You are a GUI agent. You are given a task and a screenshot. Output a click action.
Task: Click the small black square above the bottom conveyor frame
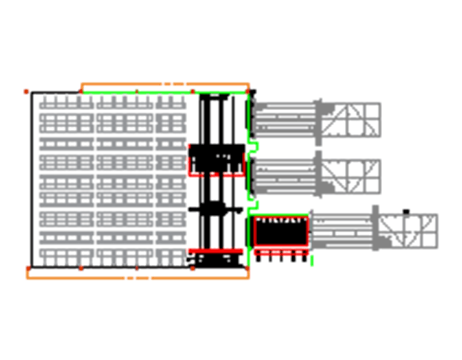(406, 211)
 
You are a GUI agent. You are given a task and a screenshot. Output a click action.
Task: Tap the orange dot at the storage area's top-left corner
(27, 91)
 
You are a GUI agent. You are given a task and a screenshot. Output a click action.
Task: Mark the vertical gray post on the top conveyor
(319, 119)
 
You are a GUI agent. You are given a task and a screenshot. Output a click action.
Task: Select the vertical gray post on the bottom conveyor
(376, 229)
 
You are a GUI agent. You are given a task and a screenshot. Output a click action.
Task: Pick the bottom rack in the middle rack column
(124, 256)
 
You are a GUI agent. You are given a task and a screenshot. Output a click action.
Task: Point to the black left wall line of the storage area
(31, 179)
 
